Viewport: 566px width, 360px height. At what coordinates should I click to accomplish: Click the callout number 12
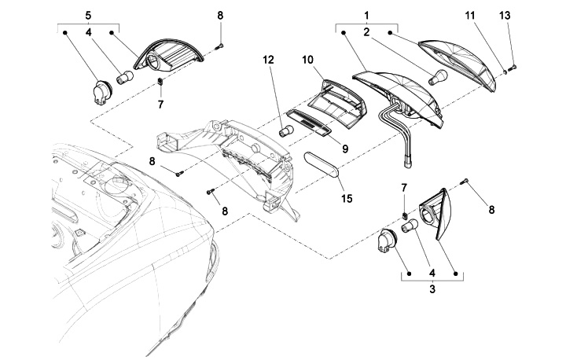[x=268, y=60]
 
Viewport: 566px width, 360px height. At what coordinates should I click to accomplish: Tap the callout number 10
[x=307, y=60]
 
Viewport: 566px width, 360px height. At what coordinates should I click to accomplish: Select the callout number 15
[x=347, y=199]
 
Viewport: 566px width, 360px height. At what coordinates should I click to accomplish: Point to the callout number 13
[x=505, y=16]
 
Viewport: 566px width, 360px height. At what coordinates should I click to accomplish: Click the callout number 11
[x=469, y=16]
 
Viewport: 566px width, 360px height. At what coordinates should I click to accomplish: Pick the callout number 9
[x=345, y=149]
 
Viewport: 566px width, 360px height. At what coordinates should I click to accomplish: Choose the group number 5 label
[x=88, y=16]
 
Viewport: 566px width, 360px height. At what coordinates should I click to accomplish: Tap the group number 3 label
[x=432, y=289]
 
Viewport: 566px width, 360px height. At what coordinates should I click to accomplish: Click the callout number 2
[x=367, y=32]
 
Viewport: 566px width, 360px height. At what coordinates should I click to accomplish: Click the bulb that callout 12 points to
[x=286, y=130]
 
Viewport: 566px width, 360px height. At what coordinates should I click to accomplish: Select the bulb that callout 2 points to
[x=438, y=77]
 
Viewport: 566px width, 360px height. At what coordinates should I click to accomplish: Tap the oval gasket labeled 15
[x=322, y=164]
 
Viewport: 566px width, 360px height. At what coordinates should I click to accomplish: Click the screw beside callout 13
[x=512, y=67]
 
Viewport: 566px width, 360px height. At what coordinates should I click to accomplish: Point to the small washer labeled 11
[x=505, y=71]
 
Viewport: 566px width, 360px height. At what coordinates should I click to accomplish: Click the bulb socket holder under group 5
[x=101, y=92]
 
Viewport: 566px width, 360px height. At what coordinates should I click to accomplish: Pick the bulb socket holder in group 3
[x=387, y=238]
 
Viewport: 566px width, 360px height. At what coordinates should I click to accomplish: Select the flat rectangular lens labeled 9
[x=309, y=123]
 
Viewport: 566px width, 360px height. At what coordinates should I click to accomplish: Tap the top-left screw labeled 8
[x=220, y=46]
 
